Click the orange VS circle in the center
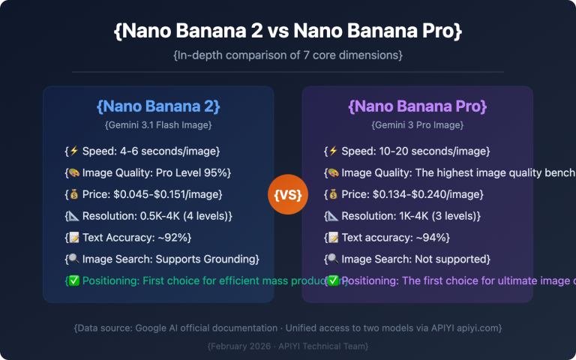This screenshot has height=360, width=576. coord(288,195)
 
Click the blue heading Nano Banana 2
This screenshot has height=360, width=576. coord(158,105)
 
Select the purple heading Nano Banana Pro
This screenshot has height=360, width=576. coord(417,105)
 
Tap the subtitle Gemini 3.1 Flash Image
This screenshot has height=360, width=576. coord(158,124)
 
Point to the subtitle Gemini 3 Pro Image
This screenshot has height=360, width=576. coord(417,124)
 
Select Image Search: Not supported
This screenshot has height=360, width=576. coord(408,259)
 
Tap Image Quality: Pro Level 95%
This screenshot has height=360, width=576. coord(149,173)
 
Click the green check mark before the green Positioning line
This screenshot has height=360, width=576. coord(74,281)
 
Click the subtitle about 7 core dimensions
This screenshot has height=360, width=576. coord(287,55)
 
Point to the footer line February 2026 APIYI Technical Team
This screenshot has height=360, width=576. coord(287,346)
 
